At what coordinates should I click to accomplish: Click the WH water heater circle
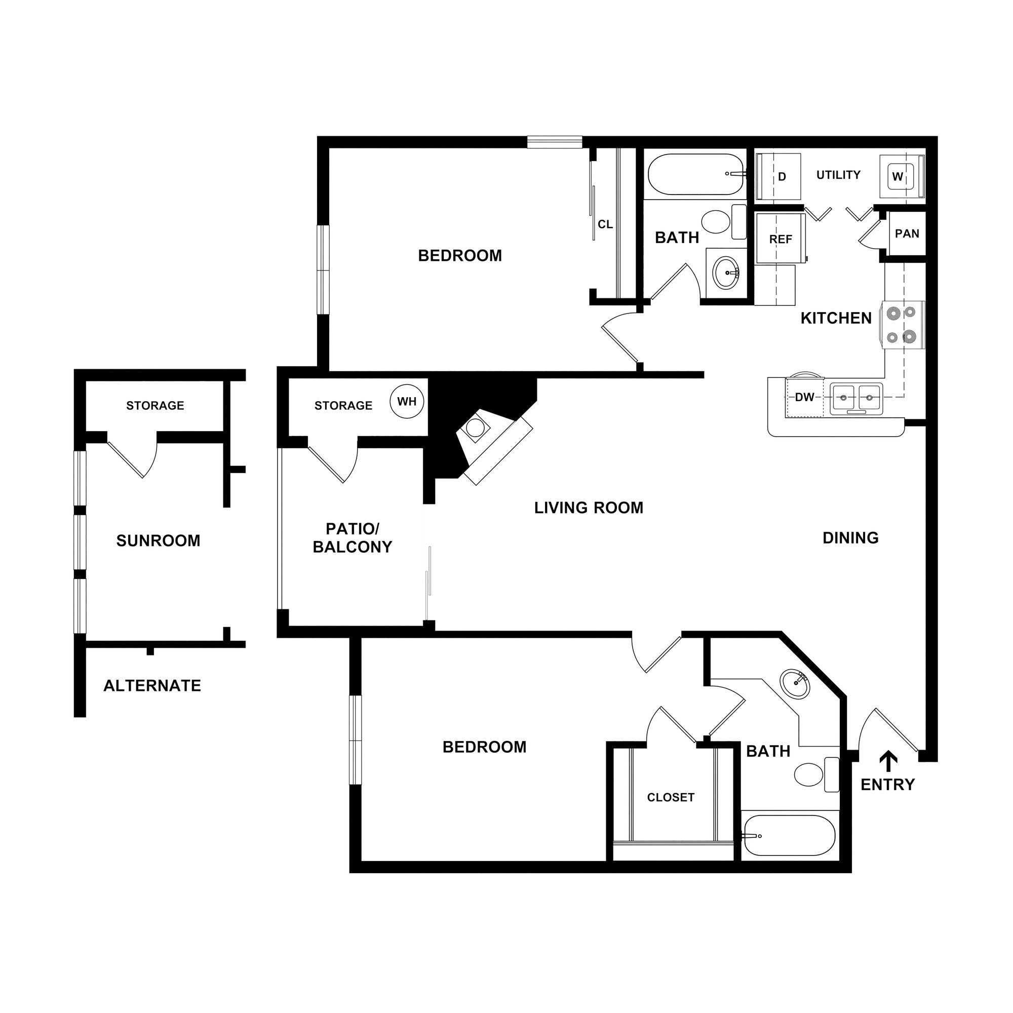tap(406, 402)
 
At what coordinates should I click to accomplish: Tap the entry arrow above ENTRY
tap(888, 762)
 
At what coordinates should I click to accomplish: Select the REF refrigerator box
tap(780, 239)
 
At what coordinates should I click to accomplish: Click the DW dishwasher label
tap(804, 398)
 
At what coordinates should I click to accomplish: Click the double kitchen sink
tap(856, 398)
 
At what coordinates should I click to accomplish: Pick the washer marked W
tap(898, 177)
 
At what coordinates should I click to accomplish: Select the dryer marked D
tap(782, 177)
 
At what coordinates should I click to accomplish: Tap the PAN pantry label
tap(907, 234)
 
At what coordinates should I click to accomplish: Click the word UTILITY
tap(838, 175)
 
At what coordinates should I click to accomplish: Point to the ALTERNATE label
tap(152, 686)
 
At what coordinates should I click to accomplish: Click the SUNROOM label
tap(159, 540)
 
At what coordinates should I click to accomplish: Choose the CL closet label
tap(605, 224)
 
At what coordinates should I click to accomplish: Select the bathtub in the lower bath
tap(789, 835)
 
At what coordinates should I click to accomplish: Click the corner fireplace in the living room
tap(485, 441)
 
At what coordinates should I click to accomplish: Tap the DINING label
tap(850, 537)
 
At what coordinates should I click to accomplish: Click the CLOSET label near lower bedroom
tap(671, 798)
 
